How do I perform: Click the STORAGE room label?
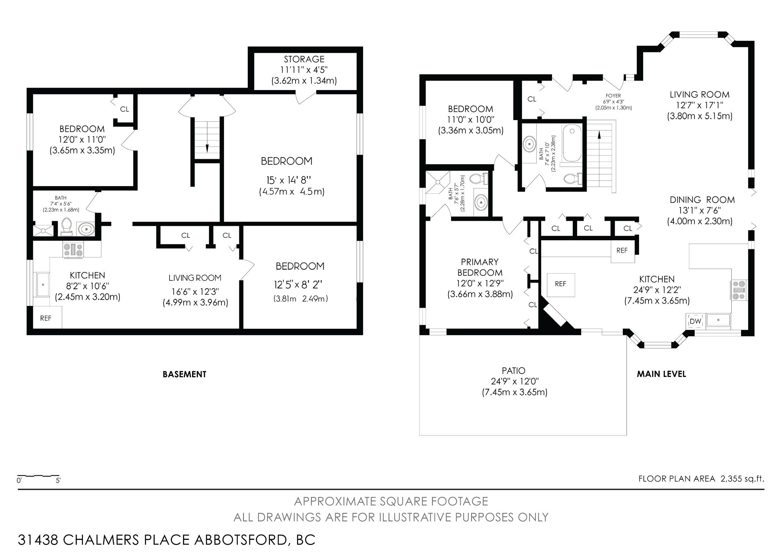[304, 59]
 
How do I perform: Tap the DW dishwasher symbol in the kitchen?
[695, 321]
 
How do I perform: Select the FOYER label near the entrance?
[613, 96]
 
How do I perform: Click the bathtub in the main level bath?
[572, 143]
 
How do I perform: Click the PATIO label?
[514, 370]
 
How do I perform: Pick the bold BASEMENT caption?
[185, 374]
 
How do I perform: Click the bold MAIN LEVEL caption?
[662, 374]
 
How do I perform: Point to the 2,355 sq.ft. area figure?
[742, 479]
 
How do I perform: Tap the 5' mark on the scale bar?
[58, 480]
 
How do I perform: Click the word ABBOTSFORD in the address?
[241, 540]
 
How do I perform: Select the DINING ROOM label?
[702, 200]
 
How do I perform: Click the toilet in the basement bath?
[67, 226]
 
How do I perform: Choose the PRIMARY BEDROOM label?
[480, 267]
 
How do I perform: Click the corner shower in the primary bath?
[438, 182]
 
